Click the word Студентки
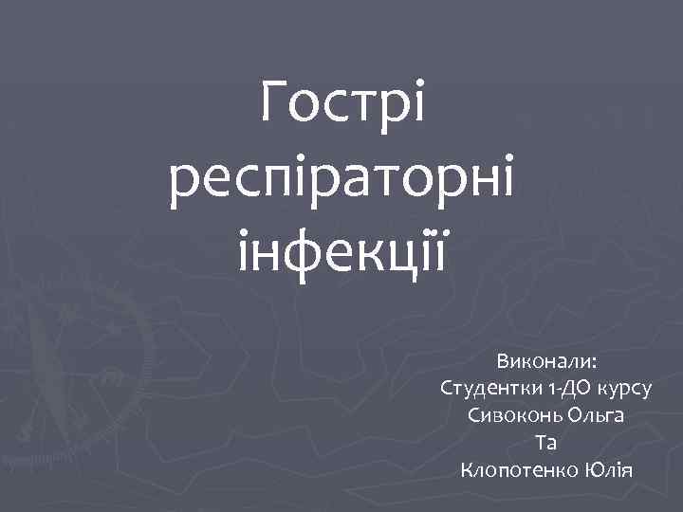click(490, 389)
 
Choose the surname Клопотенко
click(519, 470)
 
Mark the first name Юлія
click(608, 470)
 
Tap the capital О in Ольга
click(573, 416)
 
